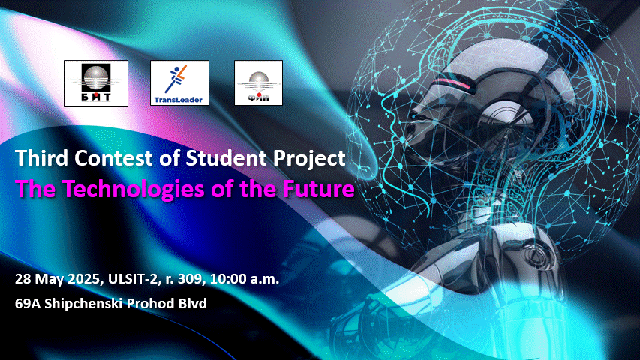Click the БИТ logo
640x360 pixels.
(96, 83)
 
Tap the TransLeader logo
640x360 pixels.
(179, 82)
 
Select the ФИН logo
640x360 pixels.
(258, 82)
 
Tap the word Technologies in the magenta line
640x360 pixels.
(134, 190)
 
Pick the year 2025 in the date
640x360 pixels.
(84, 279)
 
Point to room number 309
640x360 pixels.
(191, 279)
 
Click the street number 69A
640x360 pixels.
(28, 304)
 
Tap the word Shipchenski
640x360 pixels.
(84, 304)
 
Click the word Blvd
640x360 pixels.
(192, 304)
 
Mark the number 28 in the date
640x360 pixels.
(23, 279)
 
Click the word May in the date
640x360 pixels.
(49, 280)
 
